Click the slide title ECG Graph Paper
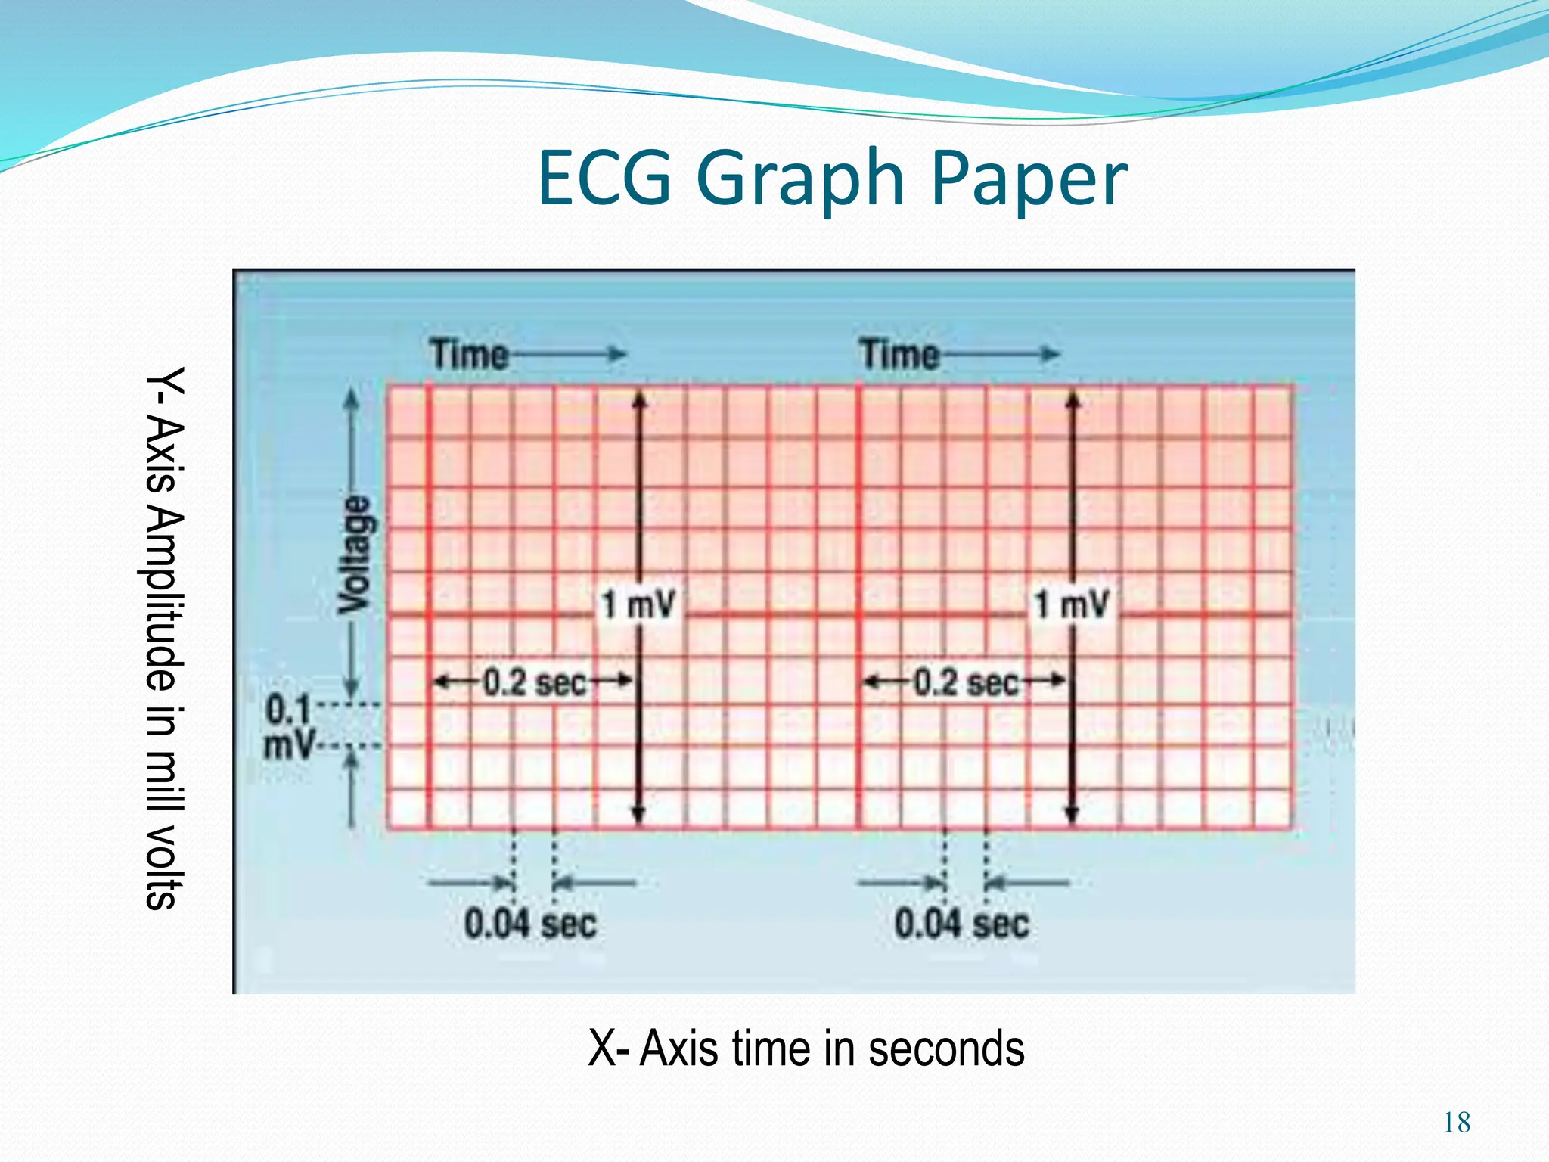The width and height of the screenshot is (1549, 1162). point(832,179)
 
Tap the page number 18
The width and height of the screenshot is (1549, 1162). point(1457,1123)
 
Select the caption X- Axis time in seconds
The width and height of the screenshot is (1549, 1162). point(806,1049)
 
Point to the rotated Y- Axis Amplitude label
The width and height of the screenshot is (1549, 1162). point(164,637)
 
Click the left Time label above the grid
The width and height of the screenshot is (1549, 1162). point(469,354)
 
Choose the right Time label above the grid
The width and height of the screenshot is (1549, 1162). point(899,354)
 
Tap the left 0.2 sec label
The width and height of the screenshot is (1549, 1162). point(535,683)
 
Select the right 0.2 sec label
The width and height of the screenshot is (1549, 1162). point(966,683)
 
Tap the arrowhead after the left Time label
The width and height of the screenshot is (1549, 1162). point(619,354)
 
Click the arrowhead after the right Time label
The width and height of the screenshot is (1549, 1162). point(1051,354)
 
